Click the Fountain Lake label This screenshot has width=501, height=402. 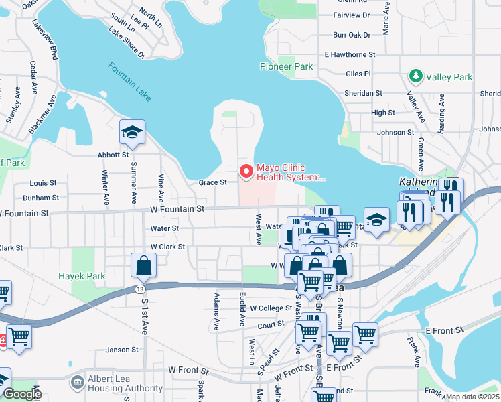click(x=130, y=82)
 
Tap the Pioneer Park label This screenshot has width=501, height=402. click(x=286, y=67)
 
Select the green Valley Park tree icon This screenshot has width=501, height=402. click(x=415, y=76)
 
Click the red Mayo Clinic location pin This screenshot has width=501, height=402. click(x=246, y=172)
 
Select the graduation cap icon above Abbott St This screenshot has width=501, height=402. click(x=132, y=133)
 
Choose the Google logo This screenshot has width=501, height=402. click(x=21, y=393)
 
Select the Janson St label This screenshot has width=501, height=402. click(x=122, y=349)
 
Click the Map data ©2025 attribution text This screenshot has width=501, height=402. click(x=472, y=397)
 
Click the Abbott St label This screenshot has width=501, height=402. click(x=112, y=155)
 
